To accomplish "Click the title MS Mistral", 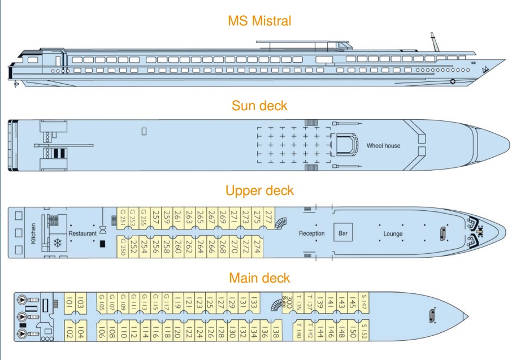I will coord(259,21).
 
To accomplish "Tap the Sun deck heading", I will coord(259,106).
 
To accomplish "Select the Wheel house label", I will coord(383,146).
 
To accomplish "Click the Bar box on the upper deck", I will coord(342,233).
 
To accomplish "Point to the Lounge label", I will coord(393,233).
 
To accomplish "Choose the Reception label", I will coord(311,233).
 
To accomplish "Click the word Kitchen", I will coord(34,233).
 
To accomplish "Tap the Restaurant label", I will coord(83,233).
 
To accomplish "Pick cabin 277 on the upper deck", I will coord(268,217).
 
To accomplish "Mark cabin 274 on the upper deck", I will coord(257,248).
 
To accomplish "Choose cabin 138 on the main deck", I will coord(275,332).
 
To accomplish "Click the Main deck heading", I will coord(259,277).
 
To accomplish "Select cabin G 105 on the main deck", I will coord(102,305).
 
